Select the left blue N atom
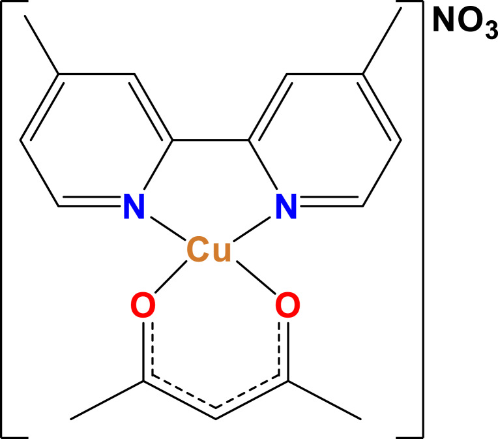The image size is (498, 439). (x=134, y=207)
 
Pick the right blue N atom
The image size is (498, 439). (x=285, y=207)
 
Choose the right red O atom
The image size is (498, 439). (x=287, y=306)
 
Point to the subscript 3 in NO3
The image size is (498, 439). (x=490, y=34)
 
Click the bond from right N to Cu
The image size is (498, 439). (x=251, y=228)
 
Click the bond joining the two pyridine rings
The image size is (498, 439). (x=210, y=140)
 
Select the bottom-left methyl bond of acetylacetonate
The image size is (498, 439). (x=107, y=399)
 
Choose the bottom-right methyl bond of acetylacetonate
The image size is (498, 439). (x=323, y=399)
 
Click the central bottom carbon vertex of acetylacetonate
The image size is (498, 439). (x=215, y=417)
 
